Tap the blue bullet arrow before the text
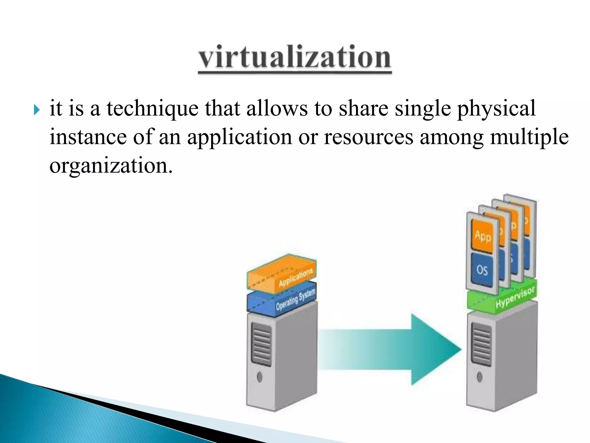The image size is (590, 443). (37, 110)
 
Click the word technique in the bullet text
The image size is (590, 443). (152, 109)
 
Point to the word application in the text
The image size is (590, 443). (239, 137)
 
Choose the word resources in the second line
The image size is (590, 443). (368, 137)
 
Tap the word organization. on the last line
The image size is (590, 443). (111, 166)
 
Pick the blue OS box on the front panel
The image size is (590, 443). (482, 270)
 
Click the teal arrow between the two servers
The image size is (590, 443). (403, 349)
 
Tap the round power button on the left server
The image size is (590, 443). (259, 377)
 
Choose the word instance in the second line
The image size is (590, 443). (88, 137)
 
